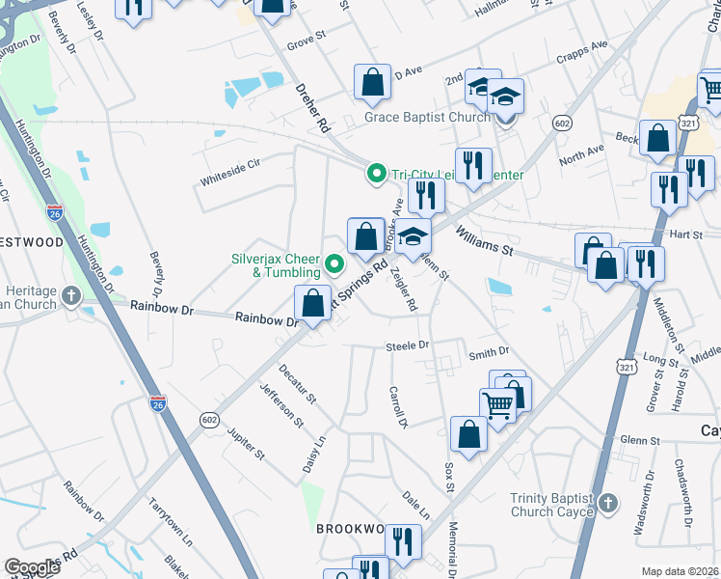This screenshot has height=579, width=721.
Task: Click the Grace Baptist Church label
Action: (428, 119)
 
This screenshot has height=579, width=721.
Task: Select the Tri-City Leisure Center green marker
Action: (378, 175)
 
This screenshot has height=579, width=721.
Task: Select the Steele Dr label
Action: (408, 345)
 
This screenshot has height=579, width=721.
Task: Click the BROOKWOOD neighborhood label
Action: (351, 530)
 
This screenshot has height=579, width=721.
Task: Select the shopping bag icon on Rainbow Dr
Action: (313, 304)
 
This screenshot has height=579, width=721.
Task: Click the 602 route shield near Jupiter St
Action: (209, 420)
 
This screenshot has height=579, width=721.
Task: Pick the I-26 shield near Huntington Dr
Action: (54, 211)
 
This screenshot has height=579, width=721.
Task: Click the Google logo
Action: (33, 567)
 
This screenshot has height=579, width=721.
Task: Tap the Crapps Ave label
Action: (586, 45)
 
